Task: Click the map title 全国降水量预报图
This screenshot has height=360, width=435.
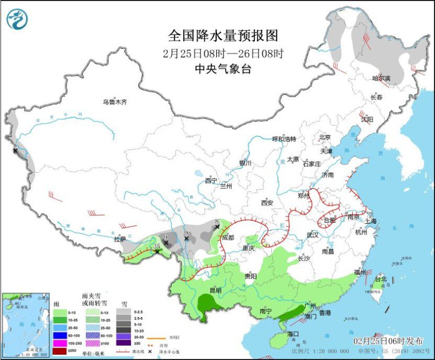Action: coord(222,36)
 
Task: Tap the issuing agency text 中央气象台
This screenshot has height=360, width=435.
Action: coord(222,69)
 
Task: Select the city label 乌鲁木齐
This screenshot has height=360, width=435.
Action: coord(115,102)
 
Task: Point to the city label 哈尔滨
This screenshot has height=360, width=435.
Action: coord(381,78)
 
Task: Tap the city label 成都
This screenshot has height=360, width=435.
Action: coord(228,237)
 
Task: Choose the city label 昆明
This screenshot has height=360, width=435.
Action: coord(215,290)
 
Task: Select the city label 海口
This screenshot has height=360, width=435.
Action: coord(292,333)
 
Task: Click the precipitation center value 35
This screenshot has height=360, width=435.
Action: coord(156,246)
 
